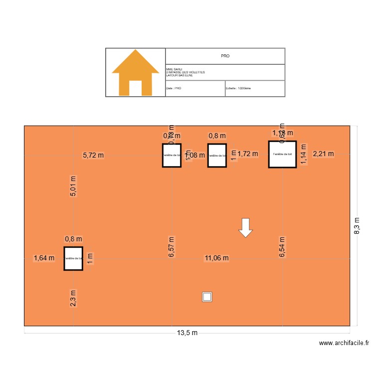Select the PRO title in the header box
coord(225,56)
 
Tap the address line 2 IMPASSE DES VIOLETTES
coord(186,72)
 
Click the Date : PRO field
coord(174,88)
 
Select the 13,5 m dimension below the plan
coord(187,333)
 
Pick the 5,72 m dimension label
coord(93,155)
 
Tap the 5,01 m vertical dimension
coord(73,186)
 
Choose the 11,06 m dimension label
coord(216,258)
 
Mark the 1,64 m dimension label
coord(44,258)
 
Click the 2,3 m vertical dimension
coord(73,299)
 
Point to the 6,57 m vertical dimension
coord(172,246)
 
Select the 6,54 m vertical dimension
coord(282,246)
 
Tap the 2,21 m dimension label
coord(323,154)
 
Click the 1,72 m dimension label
coord(248,154)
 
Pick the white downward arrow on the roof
coord(245,227)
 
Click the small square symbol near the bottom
coord(207,297)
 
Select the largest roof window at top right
coord(282,154)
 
